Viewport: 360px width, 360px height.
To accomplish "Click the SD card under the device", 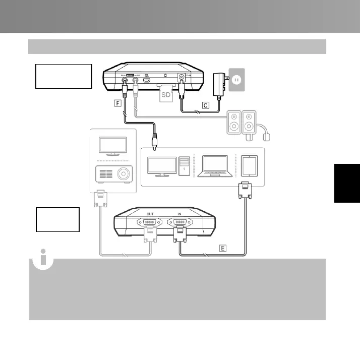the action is pos(165,93).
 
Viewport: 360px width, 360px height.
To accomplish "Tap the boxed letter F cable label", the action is pos(118,104).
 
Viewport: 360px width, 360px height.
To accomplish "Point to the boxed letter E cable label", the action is pos(223,248).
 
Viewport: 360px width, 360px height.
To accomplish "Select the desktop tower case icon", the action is pos(184,167).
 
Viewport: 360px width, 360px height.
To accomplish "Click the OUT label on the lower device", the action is pos(150,214).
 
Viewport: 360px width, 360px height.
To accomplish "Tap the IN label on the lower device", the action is pos(179,214).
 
